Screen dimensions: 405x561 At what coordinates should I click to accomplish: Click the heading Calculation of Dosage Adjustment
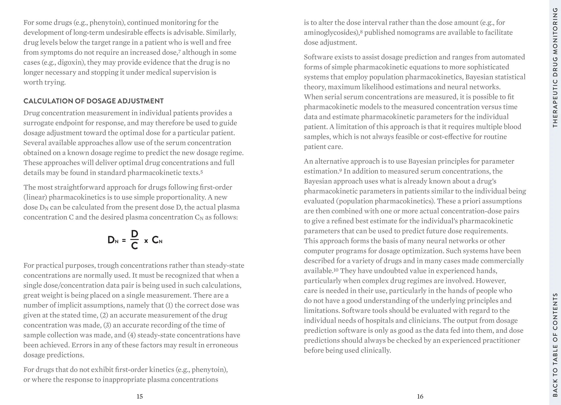(93, 101)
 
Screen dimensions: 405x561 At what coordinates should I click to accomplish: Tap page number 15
(140, 396)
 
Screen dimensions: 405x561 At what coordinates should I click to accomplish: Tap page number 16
(420, 396)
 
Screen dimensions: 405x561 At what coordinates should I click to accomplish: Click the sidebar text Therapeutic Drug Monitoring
(555, 67)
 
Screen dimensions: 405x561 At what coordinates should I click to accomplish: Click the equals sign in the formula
(124, 241)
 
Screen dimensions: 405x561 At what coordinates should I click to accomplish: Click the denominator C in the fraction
(134, 246)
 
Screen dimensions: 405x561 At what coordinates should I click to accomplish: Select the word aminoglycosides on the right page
(331, 33)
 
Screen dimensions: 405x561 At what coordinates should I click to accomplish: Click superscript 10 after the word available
(336, 270)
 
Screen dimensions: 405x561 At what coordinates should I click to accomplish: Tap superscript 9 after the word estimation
(340, 170)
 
